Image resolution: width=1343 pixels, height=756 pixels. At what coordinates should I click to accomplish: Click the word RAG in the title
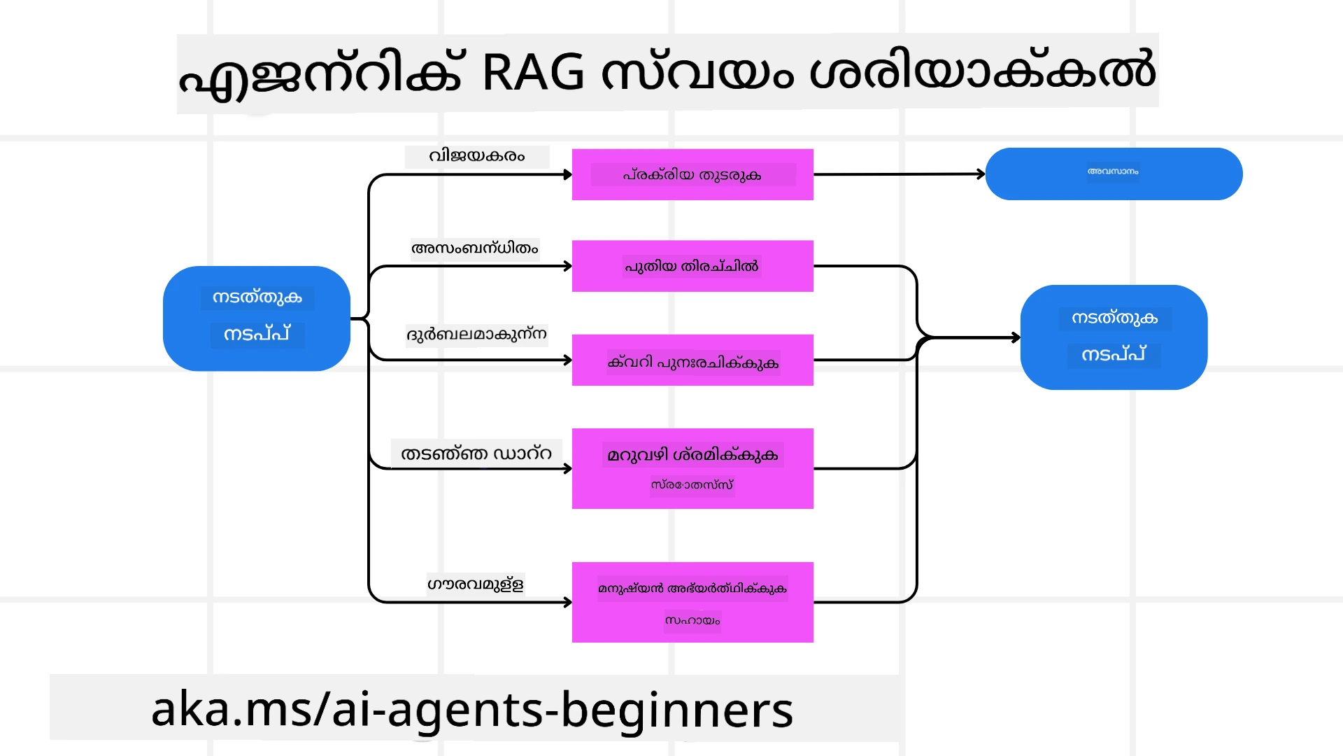pyautogui.click(x=532, y=72)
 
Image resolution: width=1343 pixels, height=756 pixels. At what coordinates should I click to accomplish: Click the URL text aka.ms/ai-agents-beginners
pyautogui.click(x=472, y=708)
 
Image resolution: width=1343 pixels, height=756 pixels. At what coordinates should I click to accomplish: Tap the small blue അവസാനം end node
pyautogui.click(x=1114, y=174)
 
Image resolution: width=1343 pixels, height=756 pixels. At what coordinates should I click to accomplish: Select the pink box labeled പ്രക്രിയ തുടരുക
pyautogui.click(x=692, y=174)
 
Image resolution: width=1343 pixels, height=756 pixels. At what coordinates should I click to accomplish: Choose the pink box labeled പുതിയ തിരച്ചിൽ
pyautogui.click(x=692, y=266)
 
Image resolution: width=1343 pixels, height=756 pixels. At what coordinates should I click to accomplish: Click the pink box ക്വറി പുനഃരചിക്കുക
pyautogui.click(x=692, y=360)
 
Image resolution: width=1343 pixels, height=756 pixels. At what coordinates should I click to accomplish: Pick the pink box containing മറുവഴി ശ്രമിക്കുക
pyautogui.click(x=692, y=468)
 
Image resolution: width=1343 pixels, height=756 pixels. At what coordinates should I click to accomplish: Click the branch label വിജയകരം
pyautogui.click(x=476, y=156)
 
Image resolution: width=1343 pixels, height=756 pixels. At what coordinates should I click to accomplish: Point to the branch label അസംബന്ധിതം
pyautogui.click(x=474, y=248)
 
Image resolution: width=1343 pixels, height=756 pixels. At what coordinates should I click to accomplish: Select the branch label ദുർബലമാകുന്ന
pyautogui.click(x=476, y=334)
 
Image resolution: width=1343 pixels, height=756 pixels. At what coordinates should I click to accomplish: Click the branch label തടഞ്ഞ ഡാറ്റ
pyautogui.click(x=476, y=454)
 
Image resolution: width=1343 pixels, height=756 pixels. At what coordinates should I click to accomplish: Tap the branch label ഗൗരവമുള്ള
pyautogui.click(x=475, y=584)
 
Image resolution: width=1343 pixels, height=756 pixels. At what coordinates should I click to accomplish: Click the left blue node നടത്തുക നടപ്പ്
pyautogui.click(x=257, y=318)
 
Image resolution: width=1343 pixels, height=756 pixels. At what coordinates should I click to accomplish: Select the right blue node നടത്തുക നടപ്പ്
pyautogui.click(x=1114, y=337)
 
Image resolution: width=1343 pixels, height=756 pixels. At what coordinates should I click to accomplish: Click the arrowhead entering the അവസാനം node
pyautogui.click(x=981, y=174)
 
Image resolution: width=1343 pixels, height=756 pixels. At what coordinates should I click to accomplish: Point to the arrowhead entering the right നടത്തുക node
pyautogui.click(x=1016, y=337)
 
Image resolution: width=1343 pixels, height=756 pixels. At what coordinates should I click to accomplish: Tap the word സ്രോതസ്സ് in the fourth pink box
pyautogui.click(x=692, y=484)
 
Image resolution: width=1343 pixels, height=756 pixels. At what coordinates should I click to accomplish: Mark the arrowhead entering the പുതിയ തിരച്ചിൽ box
pyautogui.click(x=568, y=266)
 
